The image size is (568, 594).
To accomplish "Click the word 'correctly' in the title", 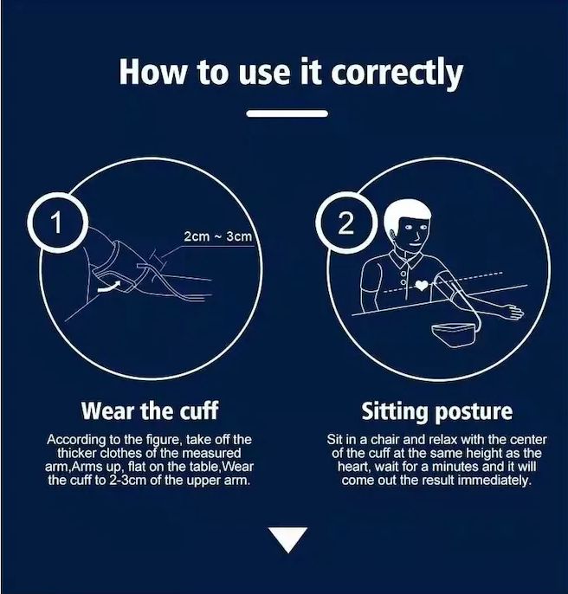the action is click(397, 73).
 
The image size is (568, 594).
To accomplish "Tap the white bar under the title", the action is click(287, 113).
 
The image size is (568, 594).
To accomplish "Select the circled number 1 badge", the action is click(57, 223).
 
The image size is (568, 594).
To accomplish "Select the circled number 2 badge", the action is click(346, 223).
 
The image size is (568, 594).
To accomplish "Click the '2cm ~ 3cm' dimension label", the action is click(217, 236).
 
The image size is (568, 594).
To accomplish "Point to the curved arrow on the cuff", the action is click(109, 287).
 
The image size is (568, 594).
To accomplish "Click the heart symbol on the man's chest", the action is click(422, 285).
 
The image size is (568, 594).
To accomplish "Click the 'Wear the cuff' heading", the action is click(150, 410).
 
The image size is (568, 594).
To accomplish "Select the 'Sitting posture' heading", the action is click(437, 411).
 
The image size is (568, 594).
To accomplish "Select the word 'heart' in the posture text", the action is click(352, 467).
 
